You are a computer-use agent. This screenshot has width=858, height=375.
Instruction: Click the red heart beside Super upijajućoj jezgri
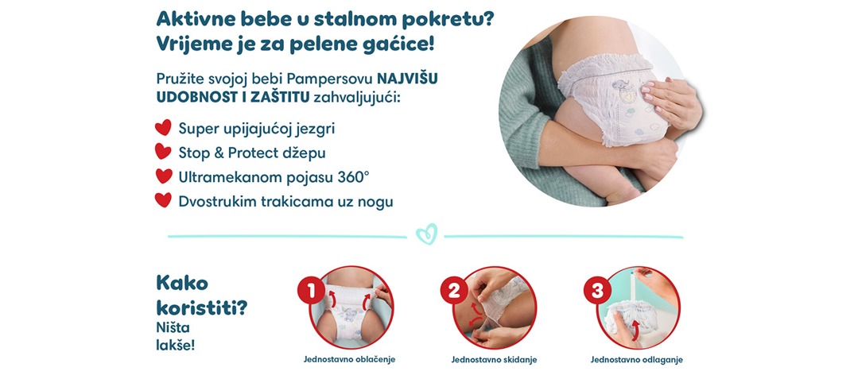coord(163,128)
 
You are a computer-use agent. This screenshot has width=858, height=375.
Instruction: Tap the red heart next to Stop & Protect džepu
coord(163,152)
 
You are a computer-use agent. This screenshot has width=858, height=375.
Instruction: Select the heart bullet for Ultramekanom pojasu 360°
coord(163,176)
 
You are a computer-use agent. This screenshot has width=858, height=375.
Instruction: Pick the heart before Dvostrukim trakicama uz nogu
coord(163,200)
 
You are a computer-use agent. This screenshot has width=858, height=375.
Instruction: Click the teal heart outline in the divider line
coord(427,234)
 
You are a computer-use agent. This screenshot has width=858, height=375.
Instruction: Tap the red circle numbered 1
coord(312,291)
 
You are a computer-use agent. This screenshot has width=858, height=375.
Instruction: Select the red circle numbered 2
coord(455,291)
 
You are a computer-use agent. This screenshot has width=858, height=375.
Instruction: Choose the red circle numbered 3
coord(597,291)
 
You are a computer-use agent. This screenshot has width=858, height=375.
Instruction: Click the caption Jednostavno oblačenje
coord(349,360)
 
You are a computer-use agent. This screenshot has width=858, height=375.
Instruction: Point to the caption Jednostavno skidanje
coord(494,360)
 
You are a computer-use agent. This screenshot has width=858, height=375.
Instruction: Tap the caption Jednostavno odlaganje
coord(636,360)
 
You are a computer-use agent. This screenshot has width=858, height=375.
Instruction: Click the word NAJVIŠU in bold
coord(407,79)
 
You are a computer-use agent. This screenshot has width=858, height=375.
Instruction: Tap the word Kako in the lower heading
coord(182,283)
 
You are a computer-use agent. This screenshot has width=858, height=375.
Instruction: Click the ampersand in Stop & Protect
coord(219,153)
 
